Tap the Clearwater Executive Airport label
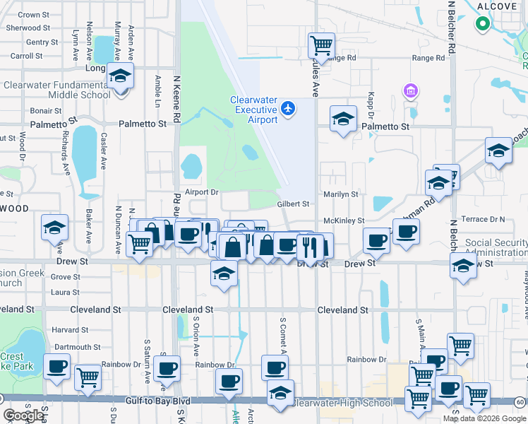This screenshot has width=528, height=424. click(254, 110)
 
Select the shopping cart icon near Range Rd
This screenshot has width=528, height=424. click(321, 46)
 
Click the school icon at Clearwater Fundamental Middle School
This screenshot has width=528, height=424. click(120, 75)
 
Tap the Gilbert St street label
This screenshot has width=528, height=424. click(293, 204)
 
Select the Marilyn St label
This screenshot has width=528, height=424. click(341, 194)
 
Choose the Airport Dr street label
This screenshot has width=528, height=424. click(202, 192)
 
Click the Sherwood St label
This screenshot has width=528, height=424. click(28, 28)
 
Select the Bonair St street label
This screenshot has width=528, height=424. click(46, 111)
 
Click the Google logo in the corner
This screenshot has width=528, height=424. click(24, 416)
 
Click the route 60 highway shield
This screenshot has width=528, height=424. click(520, 402)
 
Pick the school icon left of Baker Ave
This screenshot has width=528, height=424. click(54, 228)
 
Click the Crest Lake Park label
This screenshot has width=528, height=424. click(12, 362)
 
